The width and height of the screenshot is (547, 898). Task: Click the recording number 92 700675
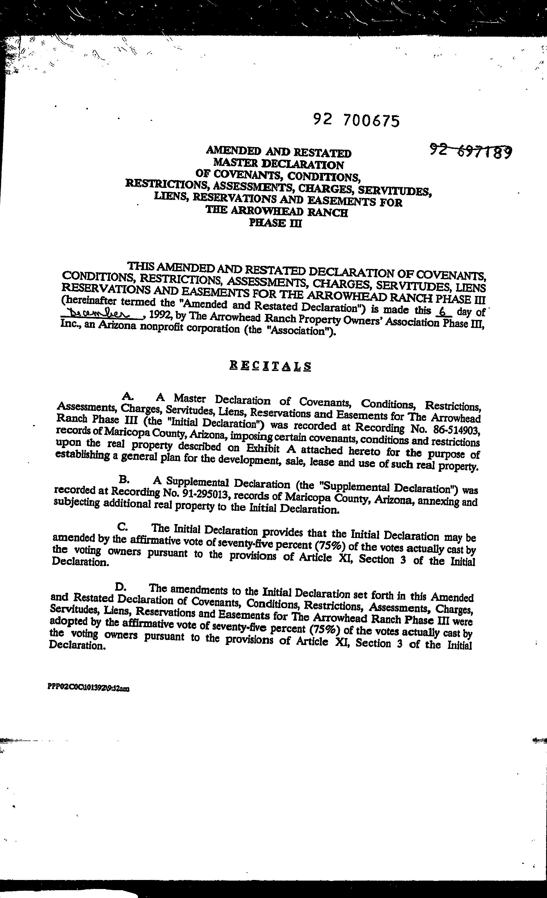356,120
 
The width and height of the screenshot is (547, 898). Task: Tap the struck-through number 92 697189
471,150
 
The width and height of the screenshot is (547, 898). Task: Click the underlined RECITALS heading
270,366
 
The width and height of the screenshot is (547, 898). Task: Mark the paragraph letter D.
120,587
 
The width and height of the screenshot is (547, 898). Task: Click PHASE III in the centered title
275,223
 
